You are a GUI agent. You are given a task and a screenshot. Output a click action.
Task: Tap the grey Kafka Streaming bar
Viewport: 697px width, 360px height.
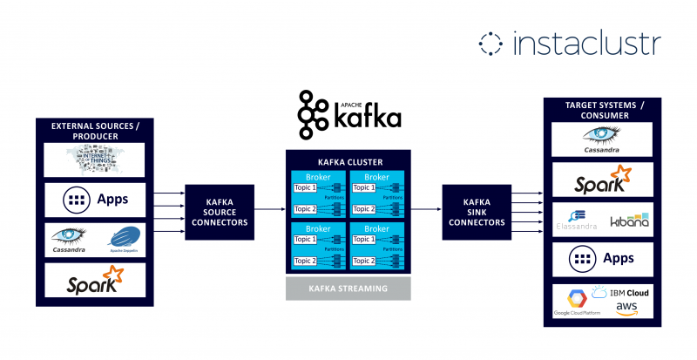coord(348,289)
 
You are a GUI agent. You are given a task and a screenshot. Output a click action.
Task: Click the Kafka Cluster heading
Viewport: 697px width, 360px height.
coord(348,162)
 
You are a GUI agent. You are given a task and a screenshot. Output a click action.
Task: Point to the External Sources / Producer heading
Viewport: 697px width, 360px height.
coord(95,130)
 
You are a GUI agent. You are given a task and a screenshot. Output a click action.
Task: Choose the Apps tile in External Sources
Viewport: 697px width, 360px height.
coord(95,200)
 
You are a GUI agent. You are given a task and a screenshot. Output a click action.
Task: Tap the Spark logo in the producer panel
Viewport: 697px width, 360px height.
coord(95,281)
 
